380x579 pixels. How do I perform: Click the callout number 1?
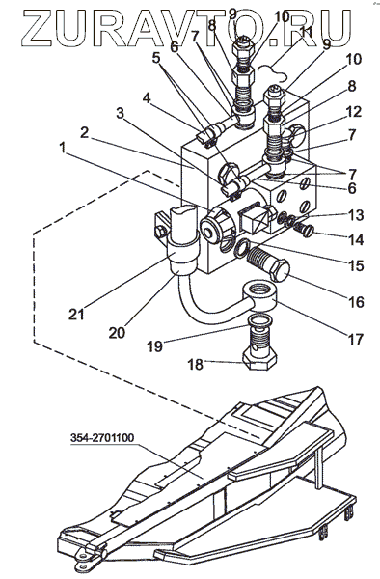pyautogui.click(x=63, y=149)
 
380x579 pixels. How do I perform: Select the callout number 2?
pyautogui.click(x=85, y=132)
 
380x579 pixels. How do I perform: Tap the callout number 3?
pyautogui.click(x=120, y=113)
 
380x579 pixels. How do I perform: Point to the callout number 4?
pyautogui.click(x=147, y=99)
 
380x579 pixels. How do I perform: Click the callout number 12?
pyautogui.click(x=353, y=111)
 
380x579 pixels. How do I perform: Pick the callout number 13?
pyautogui.click(x=356, y=215)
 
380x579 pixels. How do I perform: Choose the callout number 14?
pyautogui.click(x=356, y=240)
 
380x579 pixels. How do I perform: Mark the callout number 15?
pyautogui.click(x=356, y=266)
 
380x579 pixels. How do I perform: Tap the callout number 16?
pyautogui.click(x=356, y=302)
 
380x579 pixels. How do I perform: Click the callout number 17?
pyautogui.click(x=355, y=339)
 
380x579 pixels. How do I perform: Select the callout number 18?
pyautogui.click(x=195, y=365)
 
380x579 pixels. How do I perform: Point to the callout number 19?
pyautogui.click(x=155, y=346)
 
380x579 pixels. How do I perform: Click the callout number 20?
pyautogui.click(x=117, y=333)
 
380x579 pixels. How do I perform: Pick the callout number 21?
pyautogui.click(x=76, y=315)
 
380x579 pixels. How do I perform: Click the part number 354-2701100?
pyautogui.click(x=102, y=438)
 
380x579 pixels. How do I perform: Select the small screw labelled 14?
pyautogui.click(x=303, y=229)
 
